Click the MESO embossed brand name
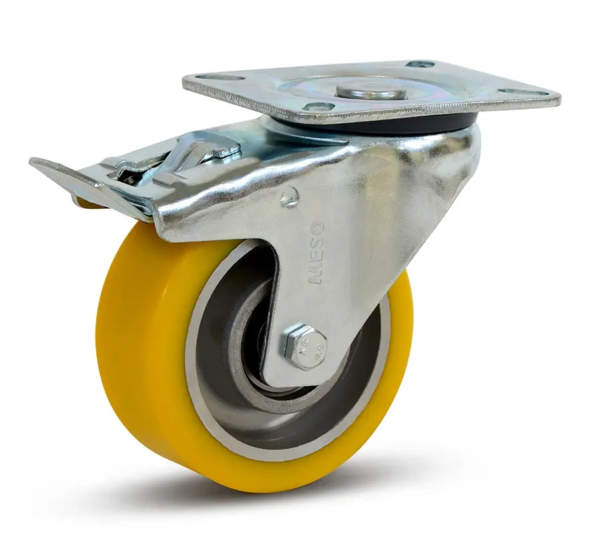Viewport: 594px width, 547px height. [316, 253]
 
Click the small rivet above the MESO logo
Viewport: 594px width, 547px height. [289, 196]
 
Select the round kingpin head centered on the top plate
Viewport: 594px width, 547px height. [371, 91]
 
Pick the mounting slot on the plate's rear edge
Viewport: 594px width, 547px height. [420, 65]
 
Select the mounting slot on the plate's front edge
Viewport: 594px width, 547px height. [318, 107]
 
